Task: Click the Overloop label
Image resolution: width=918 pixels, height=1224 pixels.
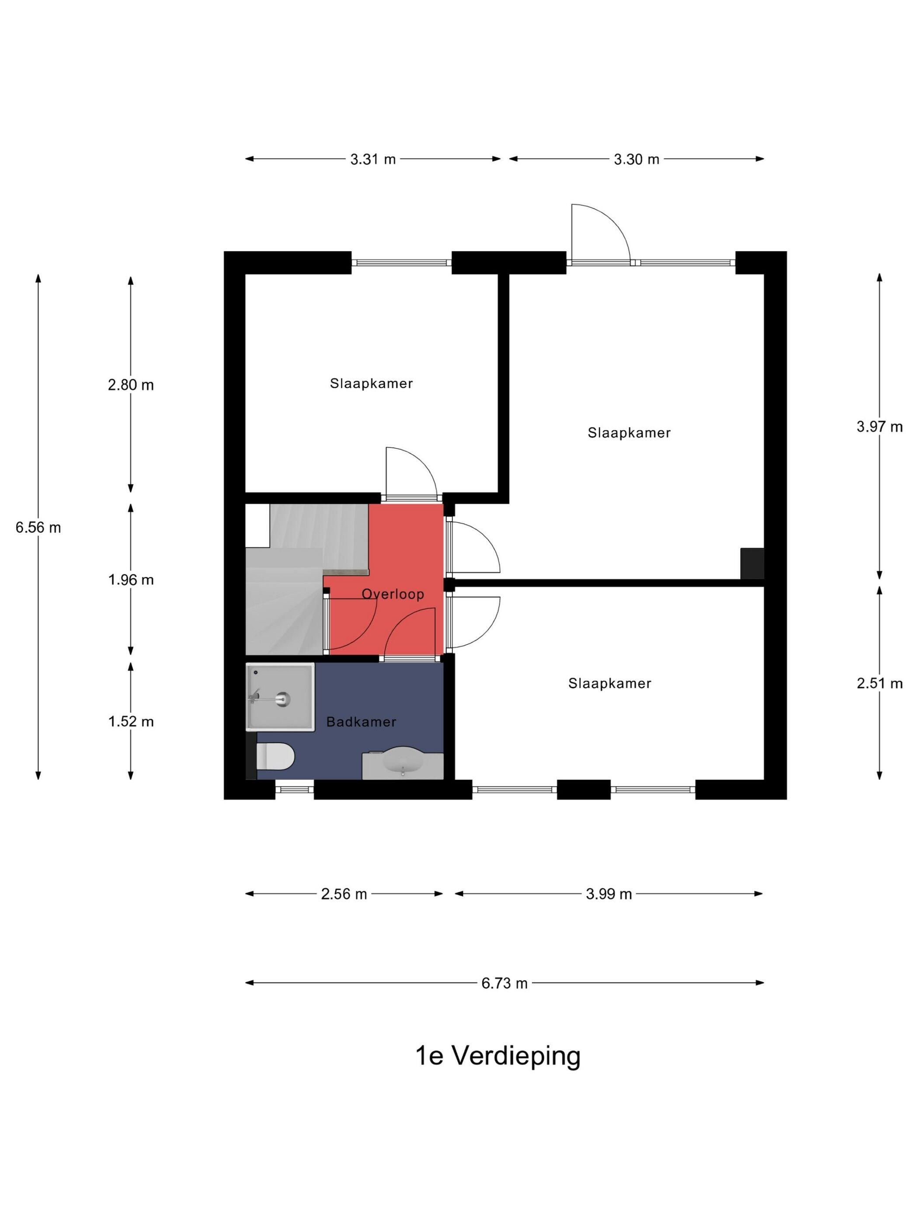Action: click(393, 594)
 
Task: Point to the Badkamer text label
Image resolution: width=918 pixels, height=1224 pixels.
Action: click(362, 722)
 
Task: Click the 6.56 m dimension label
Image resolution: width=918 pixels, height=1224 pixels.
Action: click(38, 527)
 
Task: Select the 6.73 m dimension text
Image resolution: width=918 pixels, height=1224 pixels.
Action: click(504, 983)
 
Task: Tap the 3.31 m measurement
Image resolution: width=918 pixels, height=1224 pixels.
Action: click(373, 160)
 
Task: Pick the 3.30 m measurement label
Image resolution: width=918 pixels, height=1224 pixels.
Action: click(636, 160)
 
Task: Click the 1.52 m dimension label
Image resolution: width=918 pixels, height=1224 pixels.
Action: click(131, 722)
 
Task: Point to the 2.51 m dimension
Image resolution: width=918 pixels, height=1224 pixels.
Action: click(879, 683)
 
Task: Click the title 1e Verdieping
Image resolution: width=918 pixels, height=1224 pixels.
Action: click(497, 1056)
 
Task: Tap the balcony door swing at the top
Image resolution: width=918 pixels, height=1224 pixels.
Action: click(598, 233)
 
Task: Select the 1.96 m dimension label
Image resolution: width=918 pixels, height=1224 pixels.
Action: click(131, 580)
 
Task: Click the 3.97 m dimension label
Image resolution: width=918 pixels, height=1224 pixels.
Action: click(879, 427)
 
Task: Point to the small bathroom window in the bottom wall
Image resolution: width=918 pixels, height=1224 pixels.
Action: click(294, 789)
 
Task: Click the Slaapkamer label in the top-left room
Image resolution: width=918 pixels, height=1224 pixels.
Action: click(371, 383)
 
